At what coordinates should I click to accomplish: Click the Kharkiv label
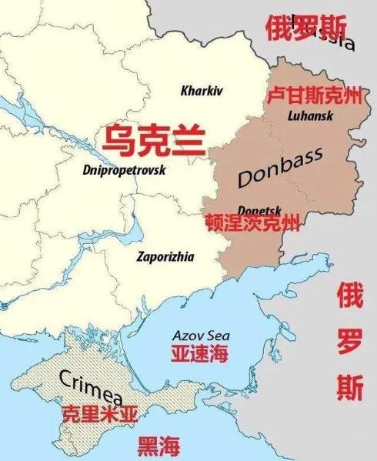[x=201, y=91]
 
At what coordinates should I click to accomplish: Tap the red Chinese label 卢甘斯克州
[x=313, y=97]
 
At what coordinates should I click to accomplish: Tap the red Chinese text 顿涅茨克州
[x=252, y=223]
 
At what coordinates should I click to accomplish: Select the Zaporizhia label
[x=165, y=256]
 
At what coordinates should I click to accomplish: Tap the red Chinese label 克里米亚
[x=100, y=414]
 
